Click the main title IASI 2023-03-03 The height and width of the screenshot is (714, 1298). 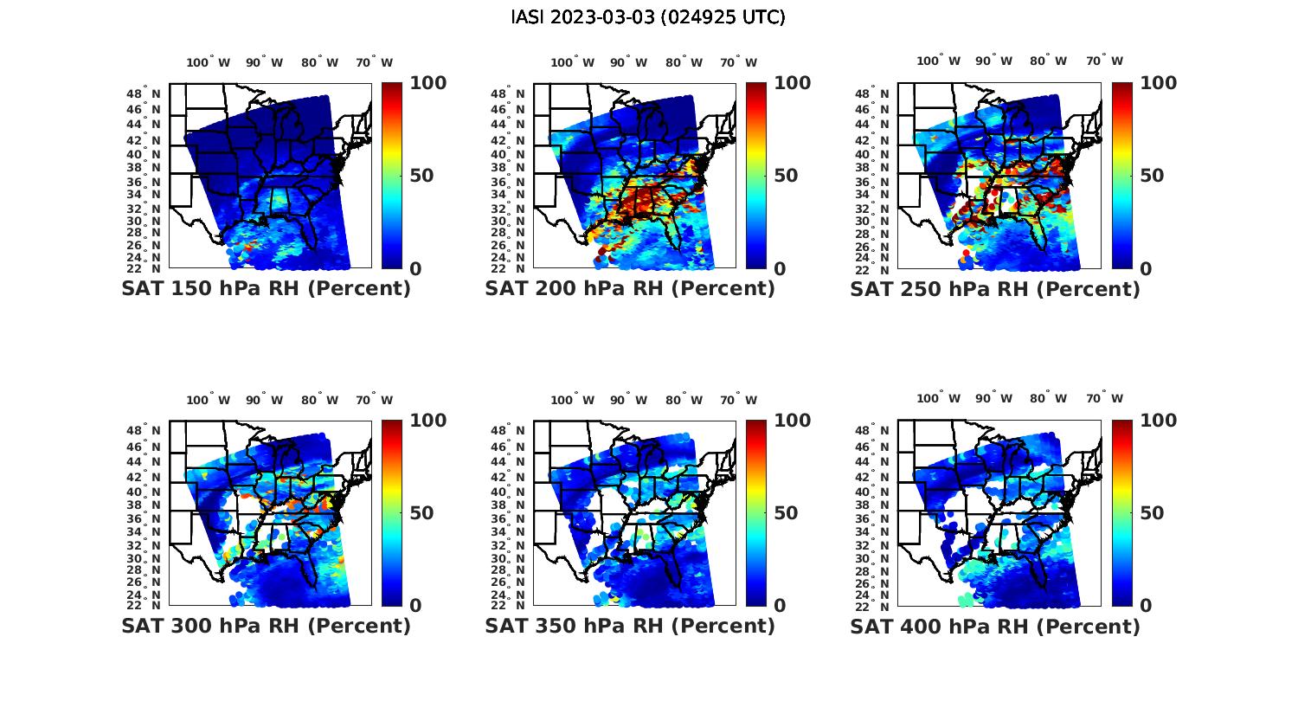pyautogui.click(x=648, y=17)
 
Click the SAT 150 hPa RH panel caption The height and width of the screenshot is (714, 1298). pyautogui.click(x=266, y=289)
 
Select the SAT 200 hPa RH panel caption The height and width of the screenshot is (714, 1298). pyautogui.click(x=630, y=289)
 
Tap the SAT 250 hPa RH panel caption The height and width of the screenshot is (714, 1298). pyautogui.click(x=995, y=289)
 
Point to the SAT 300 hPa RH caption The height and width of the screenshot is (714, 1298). pyautogui.click(x=266, y=626)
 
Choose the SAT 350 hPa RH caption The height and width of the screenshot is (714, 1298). pyautogui.click(x=630, y=626)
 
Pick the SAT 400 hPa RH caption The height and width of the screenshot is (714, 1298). pyautogui.click(x=995, y=626)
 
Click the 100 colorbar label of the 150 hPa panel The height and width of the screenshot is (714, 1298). pyautogui.click(x=427, y=83)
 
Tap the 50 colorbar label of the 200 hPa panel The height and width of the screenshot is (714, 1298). pyautogui.click(x=786, y=176)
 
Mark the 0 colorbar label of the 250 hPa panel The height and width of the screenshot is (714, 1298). pyautogui.click(x=1146, y=269)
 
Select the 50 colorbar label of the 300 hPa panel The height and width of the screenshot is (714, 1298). pyautogui.click(x=421, y=513)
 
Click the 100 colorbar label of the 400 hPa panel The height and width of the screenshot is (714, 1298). pyautogui.click(x=1158, y=421)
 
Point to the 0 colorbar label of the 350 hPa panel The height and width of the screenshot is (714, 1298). pyautogui.click(x=780, y=606)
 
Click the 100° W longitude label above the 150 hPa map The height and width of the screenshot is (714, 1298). pyautogui.click(x=209, y=62)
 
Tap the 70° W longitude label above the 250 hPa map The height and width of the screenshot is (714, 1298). pyautogui.click(x=1105, y=61)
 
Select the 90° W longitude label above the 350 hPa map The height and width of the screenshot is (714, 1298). pyautogui.click(x=628, y=400)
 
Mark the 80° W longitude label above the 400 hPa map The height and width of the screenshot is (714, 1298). pyautogui.click(x=1048, y=398)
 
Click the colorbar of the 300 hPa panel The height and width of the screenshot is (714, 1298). pyautogui.click(x=392, y=513)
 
